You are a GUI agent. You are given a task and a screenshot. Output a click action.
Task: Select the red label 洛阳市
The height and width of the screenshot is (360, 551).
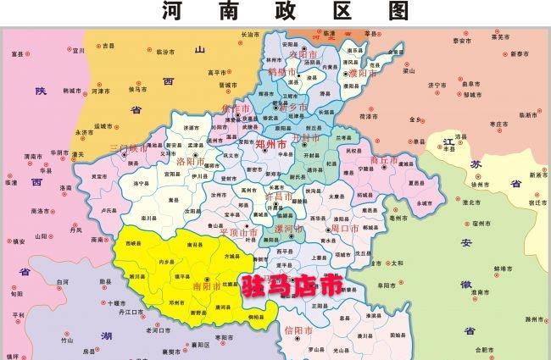pyautogui.click(x=190, y=161)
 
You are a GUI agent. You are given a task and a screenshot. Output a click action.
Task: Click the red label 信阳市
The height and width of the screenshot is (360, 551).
pyautogui.click(x=299, y=329)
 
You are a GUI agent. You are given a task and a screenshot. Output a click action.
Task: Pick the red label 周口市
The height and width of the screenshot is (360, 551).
pyautogui.click(x=345, y=229)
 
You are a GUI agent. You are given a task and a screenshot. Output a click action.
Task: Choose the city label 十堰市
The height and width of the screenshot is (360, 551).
pyautogui.click(x=116, y=302)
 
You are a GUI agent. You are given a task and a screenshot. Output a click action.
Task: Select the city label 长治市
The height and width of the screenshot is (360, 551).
pyautogui.click(x=250, y=35)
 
